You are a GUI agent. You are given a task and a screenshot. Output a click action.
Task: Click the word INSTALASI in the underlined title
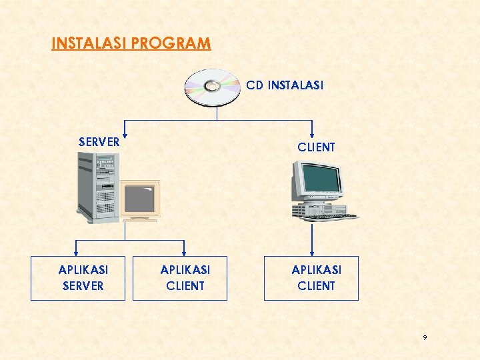tap(90, 44)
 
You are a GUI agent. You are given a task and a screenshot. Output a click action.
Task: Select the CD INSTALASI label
tap(285, 85)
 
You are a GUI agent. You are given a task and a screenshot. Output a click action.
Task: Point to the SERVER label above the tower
tap(99, 142)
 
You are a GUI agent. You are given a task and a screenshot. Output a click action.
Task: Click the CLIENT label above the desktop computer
tap(316, 147)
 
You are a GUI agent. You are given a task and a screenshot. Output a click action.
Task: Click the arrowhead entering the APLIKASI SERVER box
tap(77, 253)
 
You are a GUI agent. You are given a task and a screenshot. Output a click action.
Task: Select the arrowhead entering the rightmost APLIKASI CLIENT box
tap(311, 253)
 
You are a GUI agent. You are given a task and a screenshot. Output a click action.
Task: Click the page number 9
tap(425, 339)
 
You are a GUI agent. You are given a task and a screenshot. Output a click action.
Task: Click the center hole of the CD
tap(213, 85)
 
